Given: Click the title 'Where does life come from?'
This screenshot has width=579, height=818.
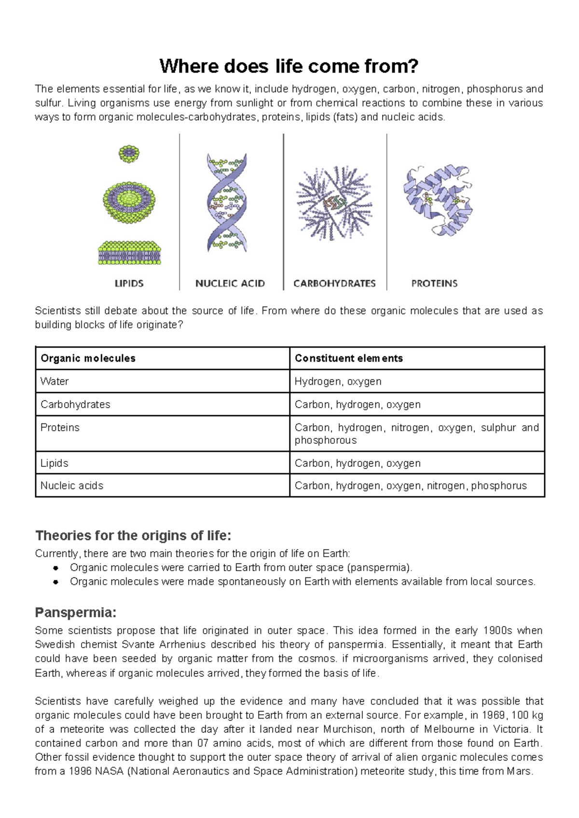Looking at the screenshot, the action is click(x=289, y=67).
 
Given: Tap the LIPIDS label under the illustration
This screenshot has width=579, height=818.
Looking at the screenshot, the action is click(x=129, y=284).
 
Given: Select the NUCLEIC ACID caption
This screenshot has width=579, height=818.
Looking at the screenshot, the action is click(x=230, y=284).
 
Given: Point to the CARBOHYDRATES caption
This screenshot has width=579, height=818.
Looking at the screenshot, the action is click(x=335, y=284).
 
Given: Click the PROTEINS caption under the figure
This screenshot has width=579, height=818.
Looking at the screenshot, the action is click(x=434, y=284).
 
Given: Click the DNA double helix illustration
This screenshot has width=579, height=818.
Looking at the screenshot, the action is click(x=227, y=203).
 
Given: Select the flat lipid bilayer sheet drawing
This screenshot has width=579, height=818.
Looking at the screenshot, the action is click(x=129, y=252).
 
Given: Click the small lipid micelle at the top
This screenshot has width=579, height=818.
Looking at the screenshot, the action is click(x=129, y=154).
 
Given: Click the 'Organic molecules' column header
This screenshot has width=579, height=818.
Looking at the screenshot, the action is click(x=88, y=358).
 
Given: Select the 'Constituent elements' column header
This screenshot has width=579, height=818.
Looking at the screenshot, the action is click(x=349, y=358).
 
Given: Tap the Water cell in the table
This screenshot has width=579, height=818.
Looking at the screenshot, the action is click(x=55, y=381).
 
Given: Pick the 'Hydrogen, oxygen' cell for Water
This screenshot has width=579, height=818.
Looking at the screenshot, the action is click(x=338, y=382).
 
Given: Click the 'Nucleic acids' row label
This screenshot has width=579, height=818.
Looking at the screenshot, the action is click(x=72, y=486).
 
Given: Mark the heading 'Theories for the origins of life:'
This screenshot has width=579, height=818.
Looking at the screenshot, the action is click(x=133, y=536).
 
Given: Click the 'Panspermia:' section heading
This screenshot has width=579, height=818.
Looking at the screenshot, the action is click(x=76, y=613).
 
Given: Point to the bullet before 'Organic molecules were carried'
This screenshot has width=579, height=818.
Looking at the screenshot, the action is click(x=55, y=568).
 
